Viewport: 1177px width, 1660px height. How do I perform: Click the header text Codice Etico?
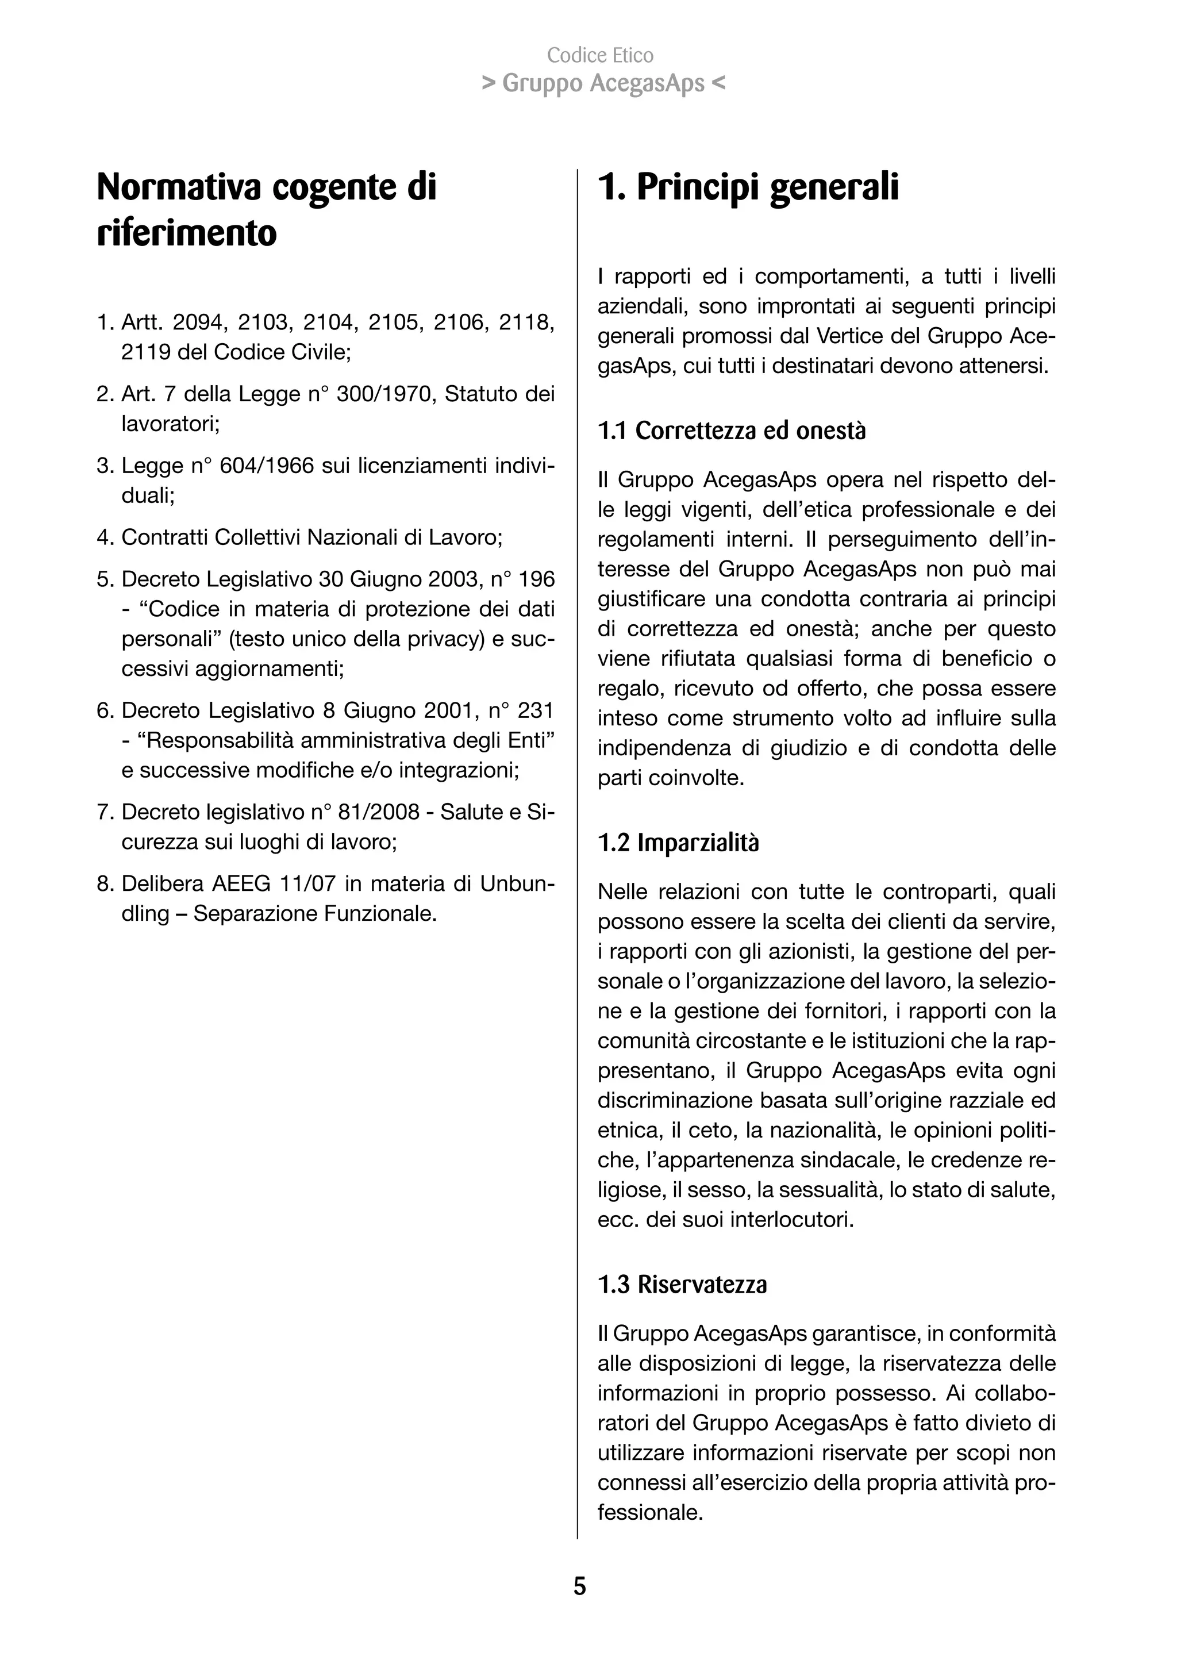click(x=600, y=55)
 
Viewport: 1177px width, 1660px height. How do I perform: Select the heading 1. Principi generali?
click(x=748, y=187)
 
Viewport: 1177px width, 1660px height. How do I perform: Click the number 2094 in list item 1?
click(x=198, y=322)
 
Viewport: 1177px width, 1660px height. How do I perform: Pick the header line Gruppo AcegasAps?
click(x=603, y=83)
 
